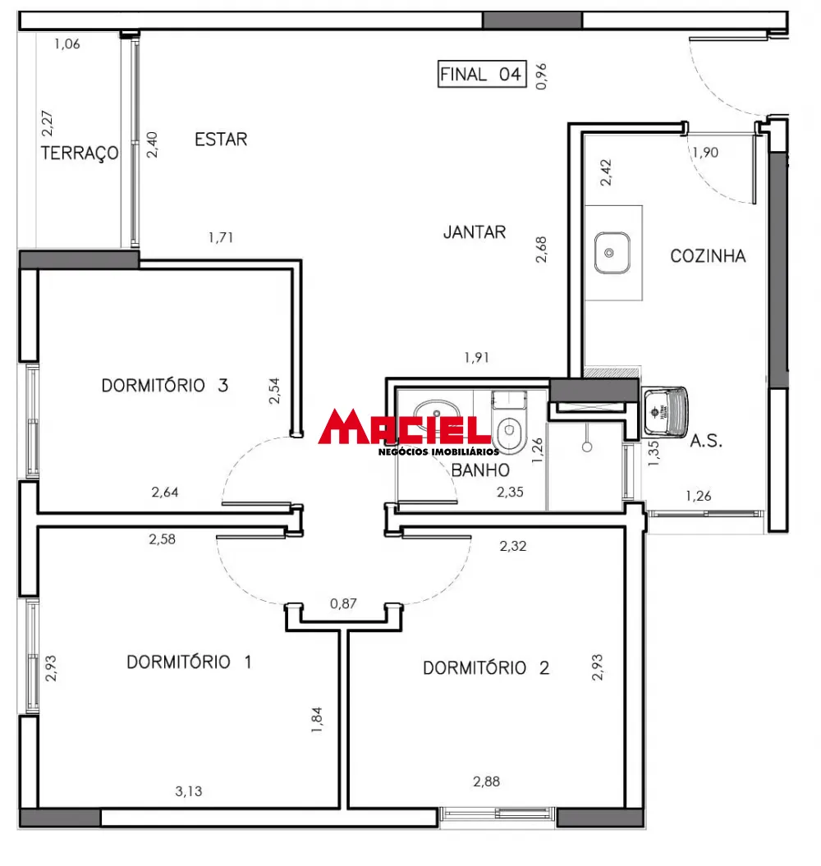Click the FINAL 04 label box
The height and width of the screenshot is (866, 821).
click(481, 74)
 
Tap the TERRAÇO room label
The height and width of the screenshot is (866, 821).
click(79, 153)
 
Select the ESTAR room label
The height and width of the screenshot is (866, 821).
click(221, 140)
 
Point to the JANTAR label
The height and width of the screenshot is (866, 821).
click(475, 232)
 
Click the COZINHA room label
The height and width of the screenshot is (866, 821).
click(708, 256)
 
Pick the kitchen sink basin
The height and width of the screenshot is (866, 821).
click(612, 252)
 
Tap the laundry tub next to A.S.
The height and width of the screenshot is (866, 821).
click(666, 410)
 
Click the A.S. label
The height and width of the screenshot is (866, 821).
click(705, 441)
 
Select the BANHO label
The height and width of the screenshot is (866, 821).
click(480, 470)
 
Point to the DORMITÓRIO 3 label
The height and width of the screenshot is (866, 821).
click(164, 385)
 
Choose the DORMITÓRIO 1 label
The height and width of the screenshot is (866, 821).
click(189, 662)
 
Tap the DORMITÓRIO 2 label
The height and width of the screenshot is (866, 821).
click(486, 668)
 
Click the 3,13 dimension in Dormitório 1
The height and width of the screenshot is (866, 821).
click(189, 792)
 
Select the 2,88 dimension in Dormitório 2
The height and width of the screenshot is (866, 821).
click(486, 781)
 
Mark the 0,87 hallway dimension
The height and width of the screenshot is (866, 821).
click(343, 604)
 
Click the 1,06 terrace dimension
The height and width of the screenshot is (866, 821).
click(67, 44)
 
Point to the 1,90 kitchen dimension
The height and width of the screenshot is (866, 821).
click(705, 152)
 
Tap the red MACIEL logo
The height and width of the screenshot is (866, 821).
click(404, 428)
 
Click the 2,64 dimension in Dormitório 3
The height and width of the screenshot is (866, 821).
click(165, 493)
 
